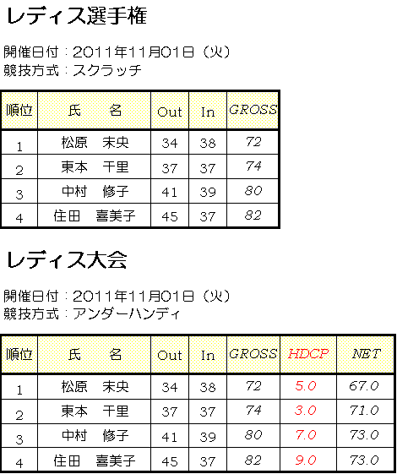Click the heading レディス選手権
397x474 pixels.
pos(77,15)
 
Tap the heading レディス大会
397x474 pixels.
pos(67,259)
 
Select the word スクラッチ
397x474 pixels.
pos(107,70)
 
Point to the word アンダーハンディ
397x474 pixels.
pos(127,314)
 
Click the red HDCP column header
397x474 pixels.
pos(307,354)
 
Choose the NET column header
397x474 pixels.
pos(366,354)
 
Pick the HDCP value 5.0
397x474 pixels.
pos(306,386)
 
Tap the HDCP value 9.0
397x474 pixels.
pos(306,460)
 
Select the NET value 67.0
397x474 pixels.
pos(364,386)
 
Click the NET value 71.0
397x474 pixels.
pos(364,411)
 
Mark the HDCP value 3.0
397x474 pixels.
pos(306,411)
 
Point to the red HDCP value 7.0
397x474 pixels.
pos(306,435)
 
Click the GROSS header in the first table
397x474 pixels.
pos(253,110)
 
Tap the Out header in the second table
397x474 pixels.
pos(170,356)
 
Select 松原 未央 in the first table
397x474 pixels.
pos(95,143)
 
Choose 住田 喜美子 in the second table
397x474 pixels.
pos(95,461)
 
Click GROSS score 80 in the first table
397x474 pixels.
pos(253,191)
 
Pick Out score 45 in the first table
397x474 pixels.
pos(170,216)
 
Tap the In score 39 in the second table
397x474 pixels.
pos(208,437)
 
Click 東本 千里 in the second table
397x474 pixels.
pos(95,411)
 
